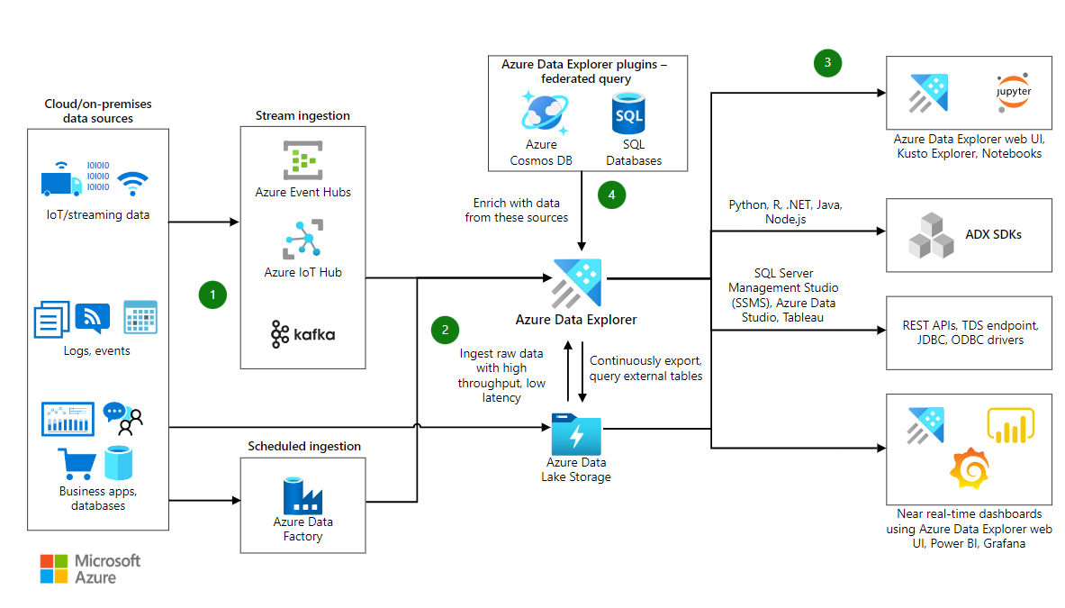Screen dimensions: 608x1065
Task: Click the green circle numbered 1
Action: click(212, 295)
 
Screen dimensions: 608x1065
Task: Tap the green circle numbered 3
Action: click(827, 63)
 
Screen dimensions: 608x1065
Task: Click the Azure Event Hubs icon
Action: click(302, 160)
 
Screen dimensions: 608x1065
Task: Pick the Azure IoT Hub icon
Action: click(302, 240)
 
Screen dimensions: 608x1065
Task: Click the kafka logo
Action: click(302, 334)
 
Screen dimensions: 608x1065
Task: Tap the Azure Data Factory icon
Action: click(302, 495)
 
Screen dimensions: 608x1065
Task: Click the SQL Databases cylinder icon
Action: click(627, 113)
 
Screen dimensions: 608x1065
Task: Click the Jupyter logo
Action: click(1014, 93)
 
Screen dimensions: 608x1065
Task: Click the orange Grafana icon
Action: click(969, 468)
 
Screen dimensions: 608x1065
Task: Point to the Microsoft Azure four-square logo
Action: click(53, 568)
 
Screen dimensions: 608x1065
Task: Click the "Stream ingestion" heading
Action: click(302, 115)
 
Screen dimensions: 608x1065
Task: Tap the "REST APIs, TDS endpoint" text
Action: click(970, 325)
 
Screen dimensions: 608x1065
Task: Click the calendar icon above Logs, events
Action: click(140, 317)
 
